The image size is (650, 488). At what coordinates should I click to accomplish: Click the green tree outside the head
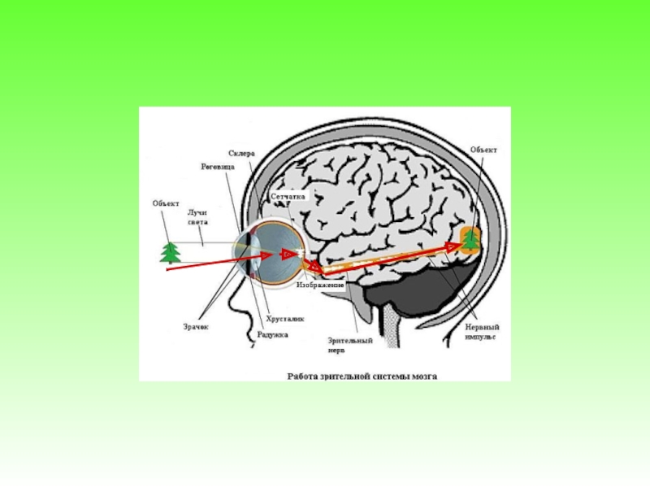point(171,252)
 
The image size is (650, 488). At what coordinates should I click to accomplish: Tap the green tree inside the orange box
point(470,240)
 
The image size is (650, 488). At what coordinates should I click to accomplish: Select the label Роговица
point(218,166)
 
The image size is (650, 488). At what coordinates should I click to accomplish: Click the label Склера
point(242,154)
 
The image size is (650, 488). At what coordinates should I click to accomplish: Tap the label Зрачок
point(196,326)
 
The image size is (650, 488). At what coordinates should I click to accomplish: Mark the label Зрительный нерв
point(349,345)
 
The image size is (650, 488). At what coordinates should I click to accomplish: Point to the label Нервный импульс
point(481,329)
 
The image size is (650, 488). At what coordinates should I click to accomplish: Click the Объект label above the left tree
point(166,203)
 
